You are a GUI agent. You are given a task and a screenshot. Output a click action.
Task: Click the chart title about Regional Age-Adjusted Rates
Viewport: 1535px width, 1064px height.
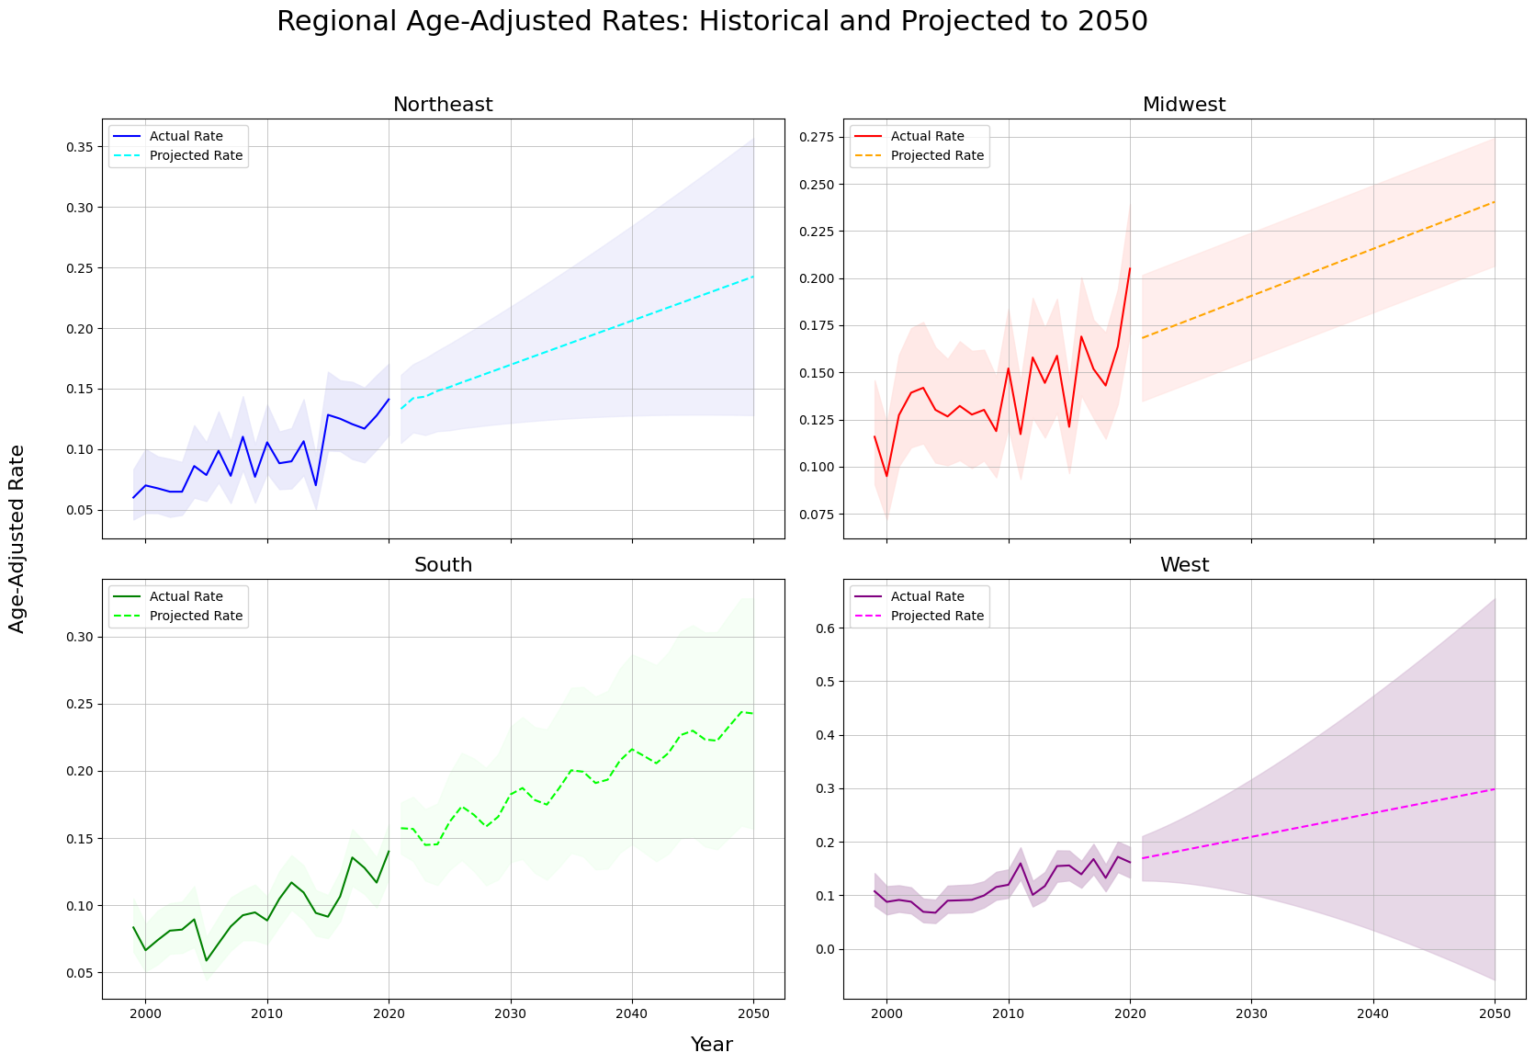coord(712,22)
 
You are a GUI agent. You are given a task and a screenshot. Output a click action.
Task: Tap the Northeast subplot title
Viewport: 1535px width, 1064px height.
coord(443,105)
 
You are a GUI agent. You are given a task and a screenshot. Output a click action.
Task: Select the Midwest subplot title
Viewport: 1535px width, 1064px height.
coord(1183,105)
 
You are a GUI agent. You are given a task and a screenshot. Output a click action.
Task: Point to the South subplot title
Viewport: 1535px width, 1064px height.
coord(443,565)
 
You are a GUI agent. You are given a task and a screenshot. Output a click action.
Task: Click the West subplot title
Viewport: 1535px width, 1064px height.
coord(1184,565)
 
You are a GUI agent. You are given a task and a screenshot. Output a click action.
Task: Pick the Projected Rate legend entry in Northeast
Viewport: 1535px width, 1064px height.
coord(196,155)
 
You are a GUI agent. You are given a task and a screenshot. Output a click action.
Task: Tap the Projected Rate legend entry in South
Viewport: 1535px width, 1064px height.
coord(196,616)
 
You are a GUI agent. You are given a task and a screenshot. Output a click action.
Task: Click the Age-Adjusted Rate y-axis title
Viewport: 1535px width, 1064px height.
coord(17,538)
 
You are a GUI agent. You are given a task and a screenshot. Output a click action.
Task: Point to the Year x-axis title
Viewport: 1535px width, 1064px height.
coord(712,1045)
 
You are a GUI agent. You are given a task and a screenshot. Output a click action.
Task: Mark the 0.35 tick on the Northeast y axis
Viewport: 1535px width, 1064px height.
coord(80,147)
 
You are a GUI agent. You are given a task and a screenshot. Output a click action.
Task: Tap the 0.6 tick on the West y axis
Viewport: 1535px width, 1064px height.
coord(825,628)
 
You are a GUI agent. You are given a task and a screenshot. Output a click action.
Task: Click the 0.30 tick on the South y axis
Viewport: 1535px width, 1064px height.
coord(80,637)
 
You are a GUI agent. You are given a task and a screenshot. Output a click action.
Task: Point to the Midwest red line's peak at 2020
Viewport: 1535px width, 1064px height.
coord(1130,268)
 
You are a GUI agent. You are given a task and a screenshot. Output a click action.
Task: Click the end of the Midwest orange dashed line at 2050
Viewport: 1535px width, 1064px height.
coord(1495,202)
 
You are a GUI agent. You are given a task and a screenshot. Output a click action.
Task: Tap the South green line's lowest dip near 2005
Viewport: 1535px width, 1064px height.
coord(207,961)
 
